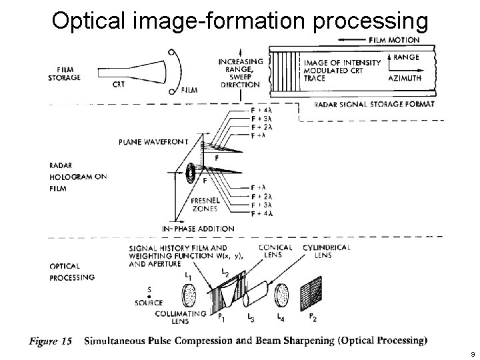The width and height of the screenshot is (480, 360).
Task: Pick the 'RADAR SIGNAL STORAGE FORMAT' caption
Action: coord(375,104)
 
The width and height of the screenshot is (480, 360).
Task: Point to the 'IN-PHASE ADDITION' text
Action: coord(198,229)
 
